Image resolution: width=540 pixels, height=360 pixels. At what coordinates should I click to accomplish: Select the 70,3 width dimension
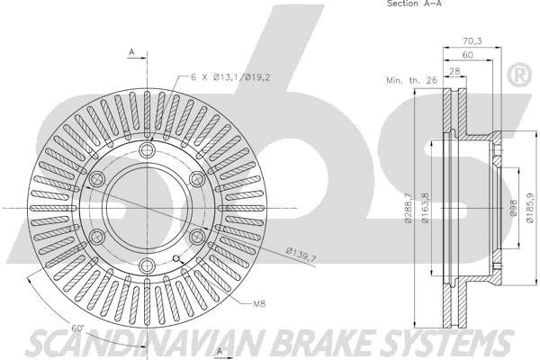tap(471, 40)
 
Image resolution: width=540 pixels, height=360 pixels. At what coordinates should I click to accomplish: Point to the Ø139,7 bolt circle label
tap(301, 260)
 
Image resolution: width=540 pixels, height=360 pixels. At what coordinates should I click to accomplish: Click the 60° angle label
tap(78, 327)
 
